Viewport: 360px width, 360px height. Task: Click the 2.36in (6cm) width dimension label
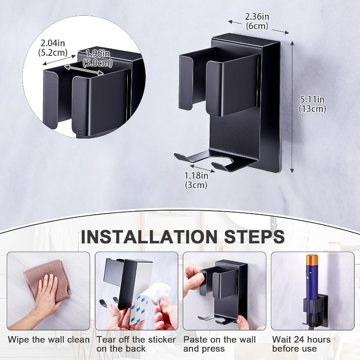point(257,21)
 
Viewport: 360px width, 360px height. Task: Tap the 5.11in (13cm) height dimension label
point(312,104)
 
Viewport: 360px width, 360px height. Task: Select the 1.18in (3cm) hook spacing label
point(197,180)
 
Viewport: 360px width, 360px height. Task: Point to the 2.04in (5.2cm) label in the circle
point(53,48)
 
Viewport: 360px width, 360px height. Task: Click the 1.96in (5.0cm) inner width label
point(98,58)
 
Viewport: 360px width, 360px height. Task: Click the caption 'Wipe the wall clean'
point(49,340)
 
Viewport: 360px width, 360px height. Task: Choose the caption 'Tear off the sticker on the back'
point(136,344)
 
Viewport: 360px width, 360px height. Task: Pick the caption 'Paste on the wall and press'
point(220,344)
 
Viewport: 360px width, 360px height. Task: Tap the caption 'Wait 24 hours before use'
point(301,344)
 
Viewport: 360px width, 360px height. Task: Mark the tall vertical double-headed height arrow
point(292,107)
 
